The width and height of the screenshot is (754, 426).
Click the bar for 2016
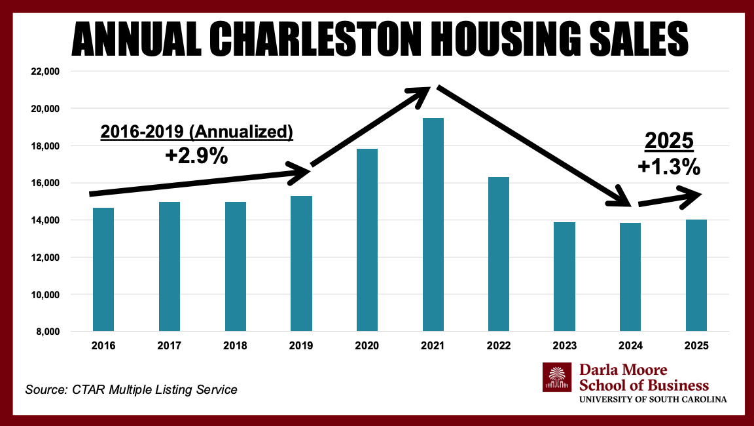pyautogui.click(x=103, y=269)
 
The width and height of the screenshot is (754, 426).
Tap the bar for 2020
pyautogui.click(x=367, y=240)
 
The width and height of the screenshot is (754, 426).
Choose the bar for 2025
pyautogui.click(x=696, y=275)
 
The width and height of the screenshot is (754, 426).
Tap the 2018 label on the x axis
pyautogui.click(x=235, y=346)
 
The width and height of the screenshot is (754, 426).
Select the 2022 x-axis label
pyautogui.click(x=498, y=346)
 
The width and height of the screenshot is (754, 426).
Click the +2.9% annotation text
pyautogui.click(x=196, y=156)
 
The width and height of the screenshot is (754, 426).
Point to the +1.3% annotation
pyautogui.click(x=669, y=167)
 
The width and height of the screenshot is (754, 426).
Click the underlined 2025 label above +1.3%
pyautogui.click(x=669, y=141)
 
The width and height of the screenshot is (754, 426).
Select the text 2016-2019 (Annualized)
pyautogui.click(x=196, y=132)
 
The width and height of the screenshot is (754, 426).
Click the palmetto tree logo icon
pyautogui.click(x=557, y=378)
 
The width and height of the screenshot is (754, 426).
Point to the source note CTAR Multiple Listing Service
pyautogui.click(x=131, y=390)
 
